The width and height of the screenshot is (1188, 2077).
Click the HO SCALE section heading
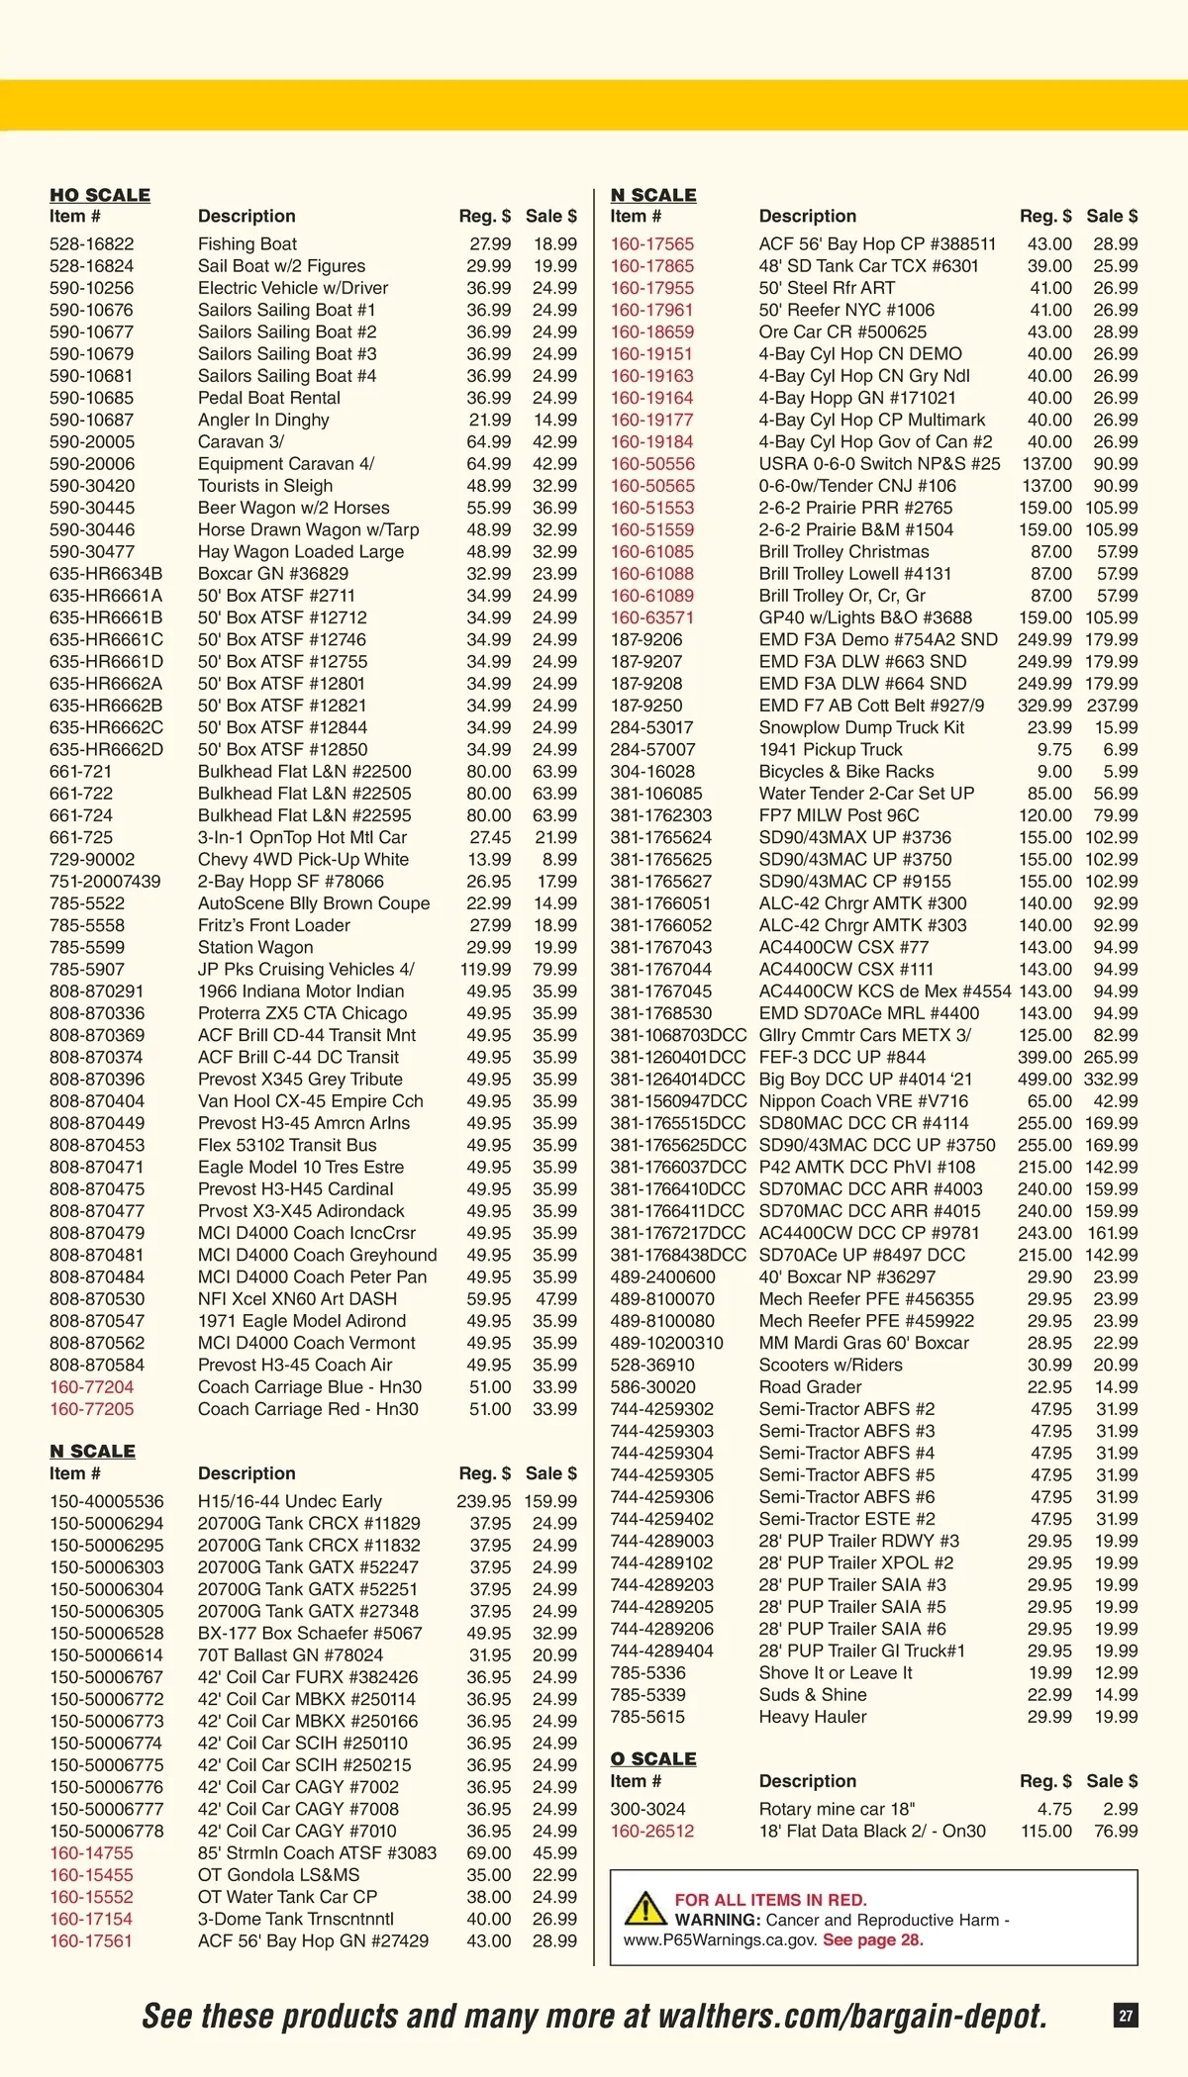100,195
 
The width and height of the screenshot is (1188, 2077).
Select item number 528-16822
92,243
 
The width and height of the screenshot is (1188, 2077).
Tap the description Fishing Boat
247,243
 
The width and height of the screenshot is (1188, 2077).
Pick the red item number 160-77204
92,1387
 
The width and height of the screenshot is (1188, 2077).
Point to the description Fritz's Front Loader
274,925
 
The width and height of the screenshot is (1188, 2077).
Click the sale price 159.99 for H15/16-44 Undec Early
550,1501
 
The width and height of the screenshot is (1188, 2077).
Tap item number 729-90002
92,859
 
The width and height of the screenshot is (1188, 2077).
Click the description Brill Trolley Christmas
844,551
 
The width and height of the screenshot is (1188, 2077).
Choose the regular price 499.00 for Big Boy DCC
1044,1079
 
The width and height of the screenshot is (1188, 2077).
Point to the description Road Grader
811,1387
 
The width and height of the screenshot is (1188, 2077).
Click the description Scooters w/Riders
831,1365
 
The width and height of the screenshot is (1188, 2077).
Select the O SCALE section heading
653,1758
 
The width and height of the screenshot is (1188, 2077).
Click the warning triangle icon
645,1908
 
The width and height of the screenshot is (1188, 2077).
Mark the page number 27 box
1127,2015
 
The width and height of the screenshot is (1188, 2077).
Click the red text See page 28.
873,1939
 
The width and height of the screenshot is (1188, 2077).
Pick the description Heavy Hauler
813,1717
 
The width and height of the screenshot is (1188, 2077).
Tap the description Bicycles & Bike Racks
846,771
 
